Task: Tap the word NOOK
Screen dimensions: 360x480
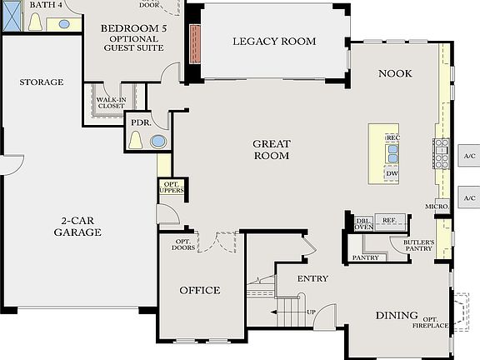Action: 396,73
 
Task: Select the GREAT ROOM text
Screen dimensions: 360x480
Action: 271,150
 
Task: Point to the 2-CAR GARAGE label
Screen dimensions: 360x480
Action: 78,227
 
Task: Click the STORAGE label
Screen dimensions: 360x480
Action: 42,82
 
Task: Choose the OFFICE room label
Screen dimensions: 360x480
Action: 200,290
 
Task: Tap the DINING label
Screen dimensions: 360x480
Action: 397,316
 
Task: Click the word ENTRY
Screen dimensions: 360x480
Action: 312,278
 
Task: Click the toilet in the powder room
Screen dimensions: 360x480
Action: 137,140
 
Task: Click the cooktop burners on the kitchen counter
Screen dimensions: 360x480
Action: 440,153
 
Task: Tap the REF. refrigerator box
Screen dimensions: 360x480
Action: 389,220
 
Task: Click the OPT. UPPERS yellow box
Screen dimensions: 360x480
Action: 171,187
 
